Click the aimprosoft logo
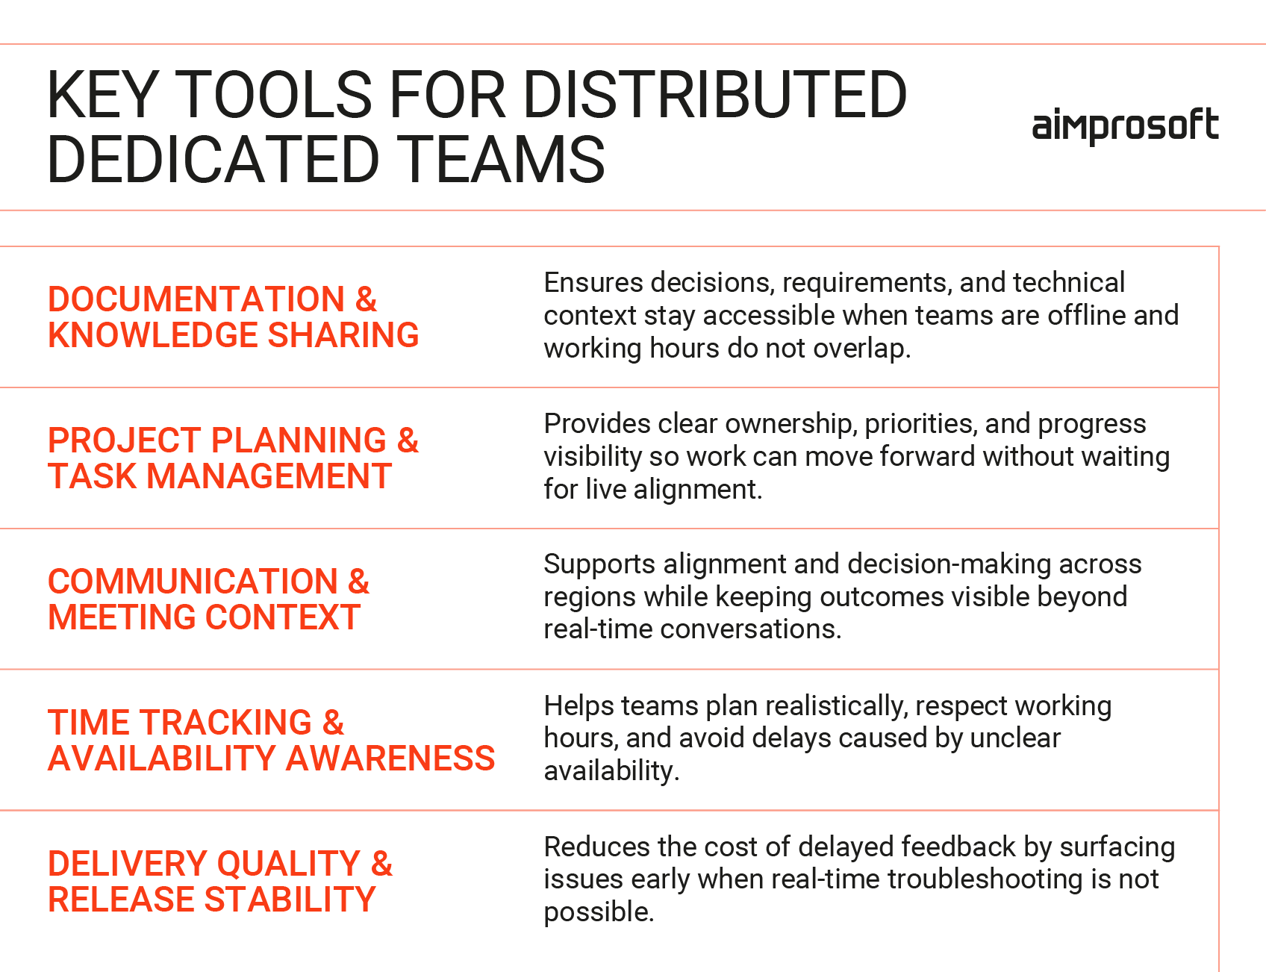tap(1125, 126)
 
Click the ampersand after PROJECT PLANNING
tap(408, 440)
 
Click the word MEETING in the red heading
tap(121, 617)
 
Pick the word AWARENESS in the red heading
tap(390, 758)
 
